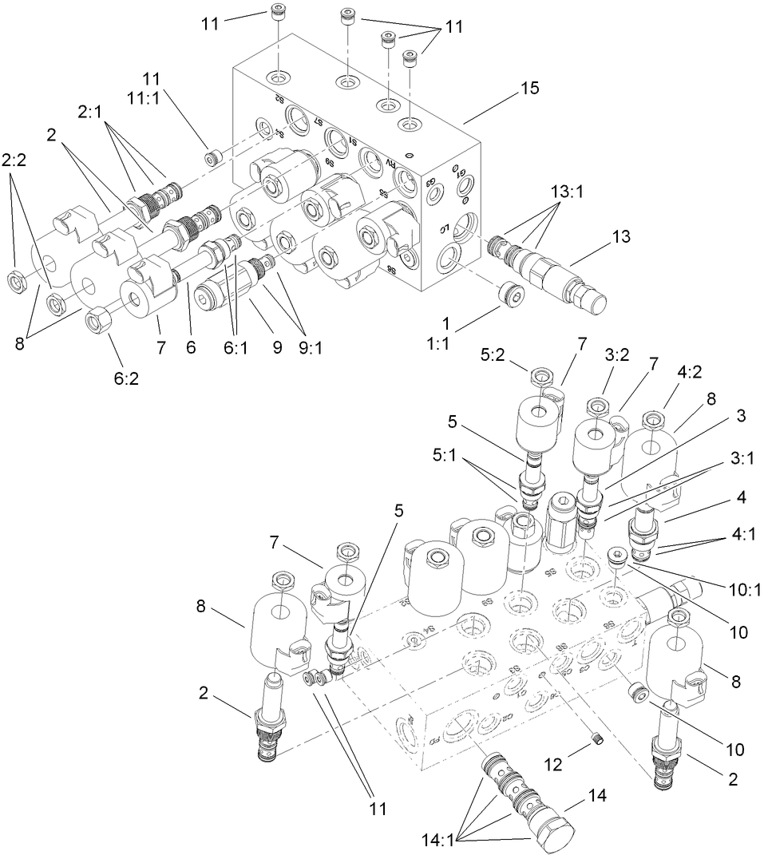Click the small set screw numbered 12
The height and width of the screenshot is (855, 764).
595,745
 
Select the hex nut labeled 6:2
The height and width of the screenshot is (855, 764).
97,322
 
